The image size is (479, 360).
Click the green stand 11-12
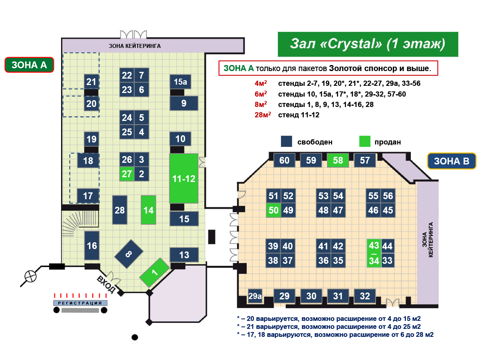point(184,178)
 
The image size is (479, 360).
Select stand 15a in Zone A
point(180,82)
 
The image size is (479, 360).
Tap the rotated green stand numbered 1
point(154,273)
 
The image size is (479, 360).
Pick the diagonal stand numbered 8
point(129,254)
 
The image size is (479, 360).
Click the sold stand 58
point(338,160)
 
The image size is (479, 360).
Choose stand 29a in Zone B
point(255,296)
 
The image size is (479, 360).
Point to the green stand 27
point(127,174)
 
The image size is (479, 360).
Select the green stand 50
point(273,210)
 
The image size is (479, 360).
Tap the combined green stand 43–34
point(374,253)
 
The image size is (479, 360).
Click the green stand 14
point(148,210)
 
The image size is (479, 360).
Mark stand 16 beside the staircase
point(92,245)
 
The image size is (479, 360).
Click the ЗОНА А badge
point(29,65)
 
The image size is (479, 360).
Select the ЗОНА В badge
point(451,162)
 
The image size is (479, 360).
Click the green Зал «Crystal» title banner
point(368,44)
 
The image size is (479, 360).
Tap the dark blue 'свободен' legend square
point(286,142)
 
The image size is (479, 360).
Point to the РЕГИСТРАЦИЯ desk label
point(80,303)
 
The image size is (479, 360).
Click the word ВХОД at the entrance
point(107,284)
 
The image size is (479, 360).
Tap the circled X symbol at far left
point(30,276)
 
